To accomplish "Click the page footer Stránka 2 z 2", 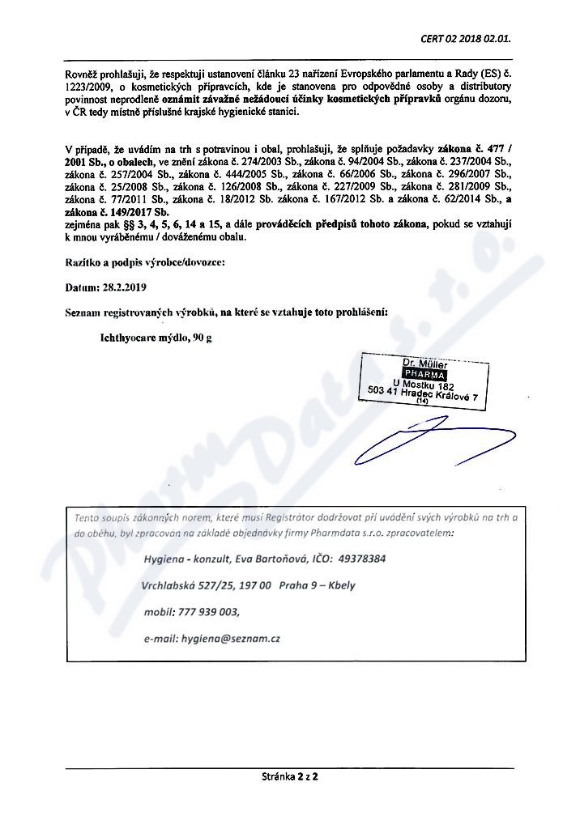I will [x=289, y=777].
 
